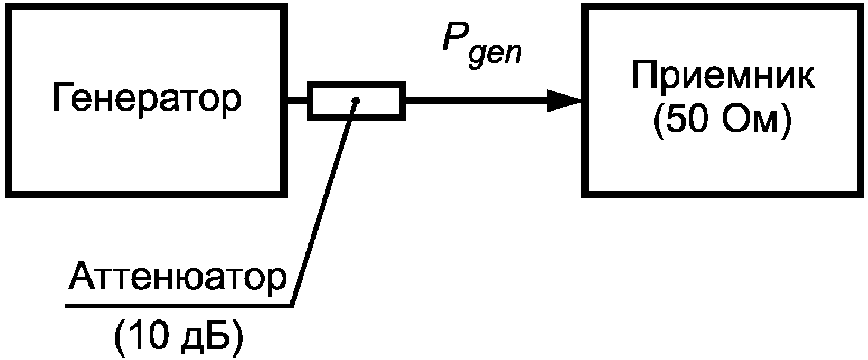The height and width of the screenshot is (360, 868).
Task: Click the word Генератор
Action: point(147,99)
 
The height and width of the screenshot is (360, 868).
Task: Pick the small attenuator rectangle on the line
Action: point(356,101)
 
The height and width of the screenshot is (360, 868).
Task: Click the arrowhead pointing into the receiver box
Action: point(564,101)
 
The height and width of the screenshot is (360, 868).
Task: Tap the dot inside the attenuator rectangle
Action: point(357,100)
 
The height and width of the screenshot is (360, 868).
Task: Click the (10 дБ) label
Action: point(179,335)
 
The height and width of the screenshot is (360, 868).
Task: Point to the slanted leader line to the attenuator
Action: point(325,203)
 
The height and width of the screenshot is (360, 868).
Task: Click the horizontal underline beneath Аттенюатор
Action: point(179,305)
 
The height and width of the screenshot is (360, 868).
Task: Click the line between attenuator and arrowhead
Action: point(476,101)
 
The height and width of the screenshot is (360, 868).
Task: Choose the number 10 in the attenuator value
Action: point(148,335)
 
